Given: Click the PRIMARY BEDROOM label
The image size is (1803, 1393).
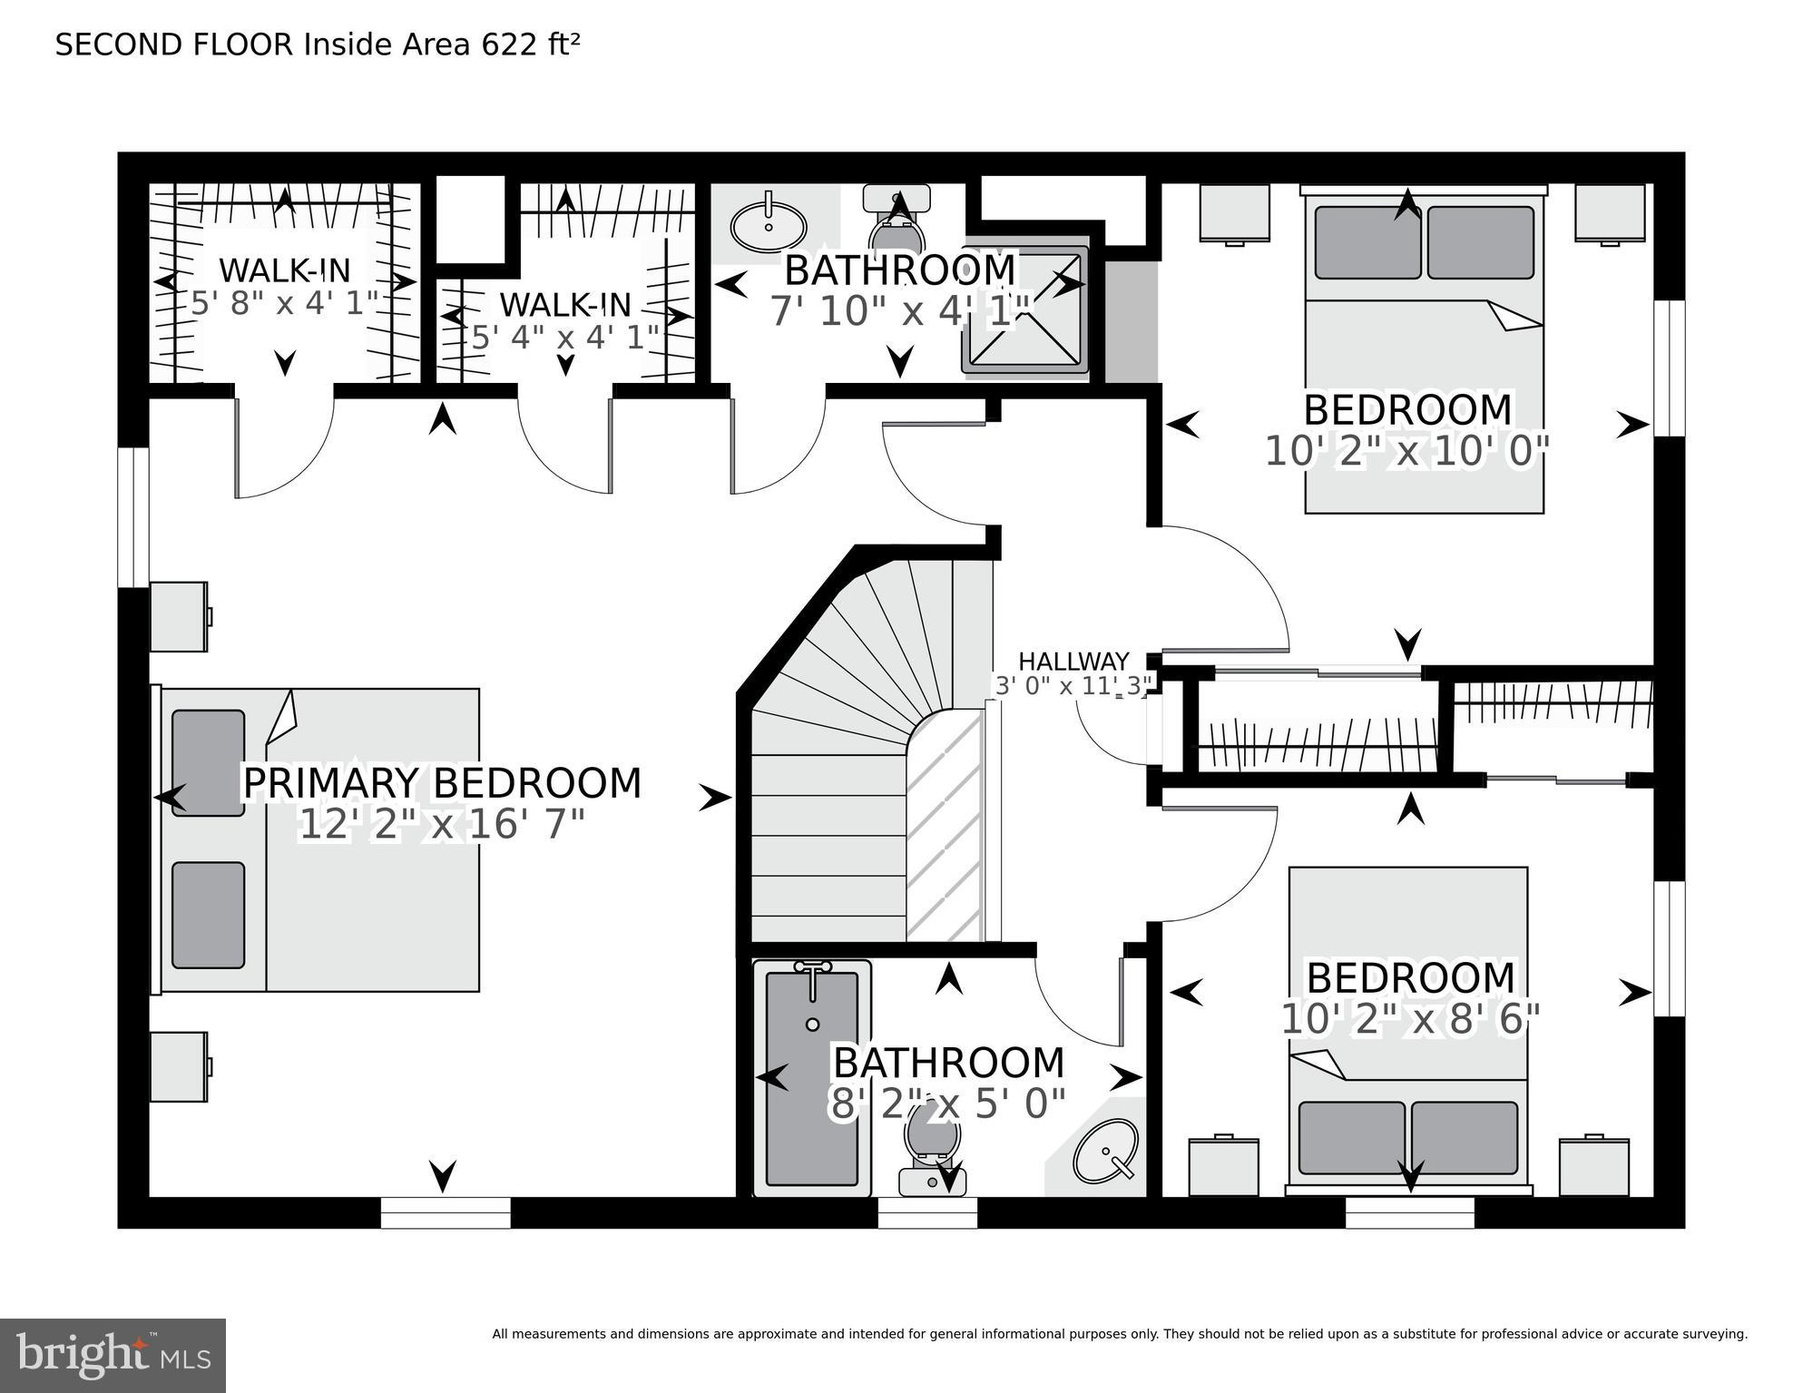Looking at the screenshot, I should (442, 783).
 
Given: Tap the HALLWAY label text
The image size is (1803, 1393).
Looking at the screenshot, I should (1073, 662).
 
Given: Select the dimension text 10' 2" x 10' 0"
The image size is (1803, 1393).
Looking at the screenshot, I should (1406, 451).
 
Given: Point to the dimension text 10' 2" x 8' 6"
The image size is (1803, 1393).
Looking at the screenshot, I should (1410, 1019).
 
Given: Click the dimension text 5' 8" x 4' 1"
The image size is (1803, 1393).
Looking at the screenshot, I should (284, 303).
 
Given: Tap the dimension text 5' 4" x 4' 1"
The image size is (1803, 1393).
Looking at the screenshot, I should (564, 338).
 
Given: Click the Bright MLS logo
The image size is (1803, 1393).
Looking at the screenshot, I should (113, 1355).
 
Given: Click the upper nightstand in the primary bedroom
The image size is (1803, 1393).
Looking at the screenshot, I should (179, 616).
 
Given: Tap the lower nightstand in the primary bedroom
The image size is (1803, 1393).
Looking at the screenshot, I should (179, 1066).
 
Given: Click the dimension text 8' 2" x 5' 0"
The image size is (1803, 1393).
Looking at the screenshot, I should (947, 1104).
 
